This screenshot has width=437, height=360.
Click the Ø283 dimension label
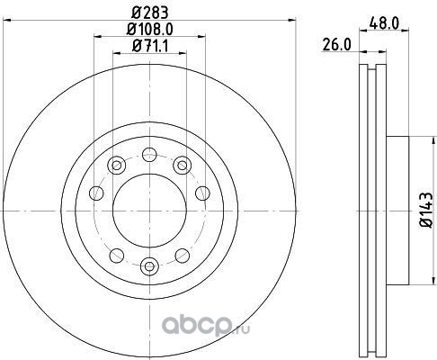[150, 13]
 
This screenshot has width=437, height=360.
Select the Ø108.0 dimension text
[150, 30]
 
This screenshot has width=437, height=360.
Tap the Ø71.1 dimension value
[150, 46]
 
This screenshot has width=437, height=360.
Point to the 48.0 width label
[384, 23]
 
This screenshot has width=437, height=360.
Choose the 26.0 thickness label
[336, 45]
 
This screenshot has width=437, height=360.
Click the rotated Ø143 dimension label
[426, 210]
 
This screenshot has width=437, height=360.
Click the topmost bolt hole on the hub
[149, 155]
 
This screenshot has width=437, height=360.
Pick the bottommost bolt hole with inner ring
[149, 265]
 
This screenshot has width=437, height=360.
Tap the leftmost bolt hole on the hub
[96, 193]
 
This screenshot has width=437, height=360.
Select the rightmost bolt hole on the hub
[202, 193]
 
